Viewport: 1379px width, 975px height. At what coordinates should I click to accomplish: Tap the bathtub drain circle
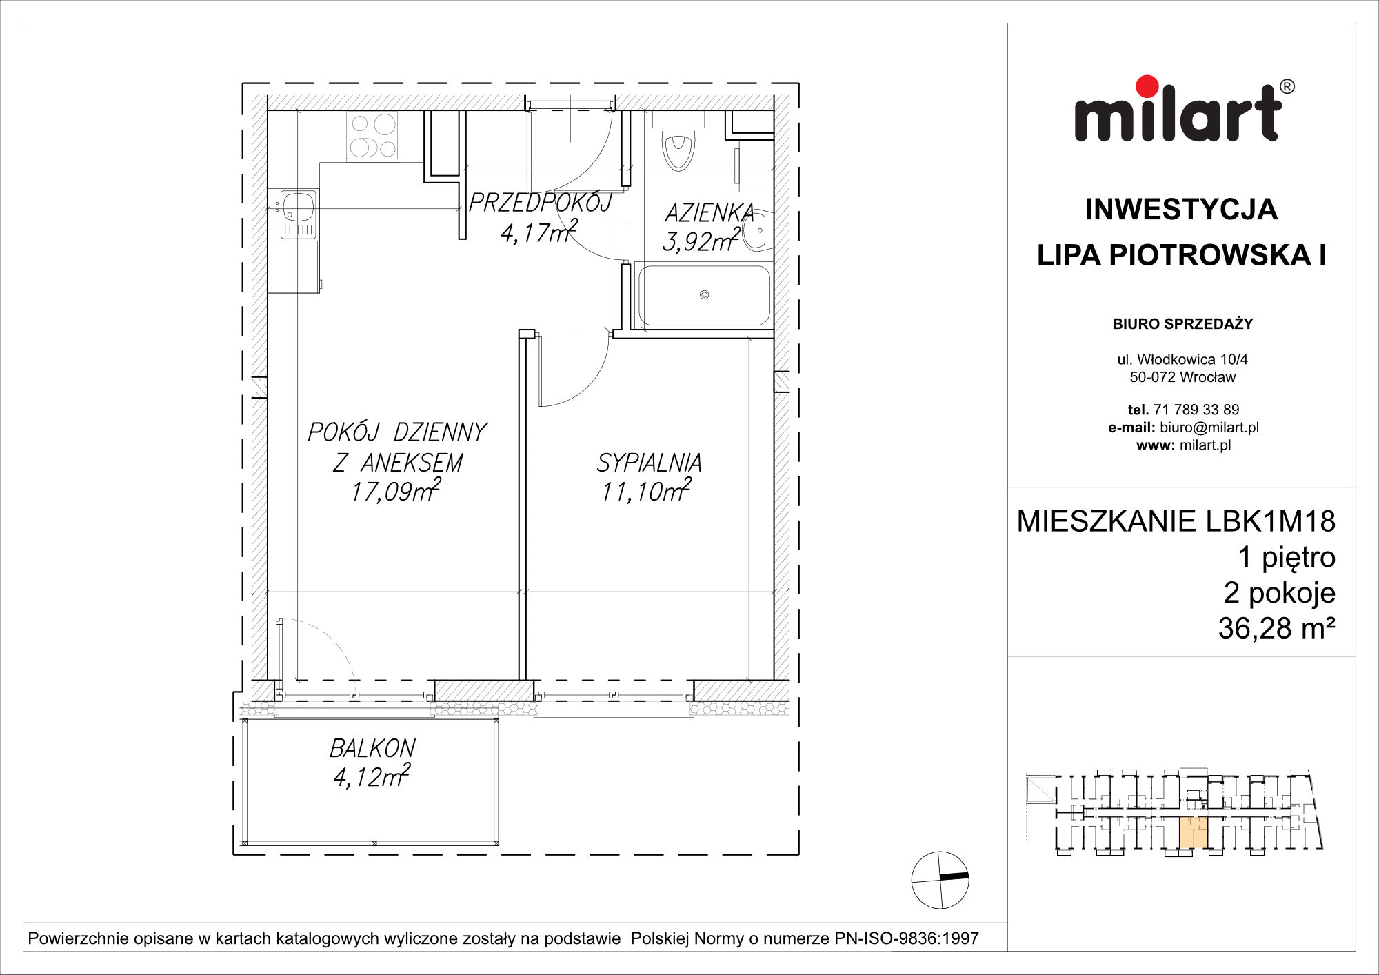pos(704,294)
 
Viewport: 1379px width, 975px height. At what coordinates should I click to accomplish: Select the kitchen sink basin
pos(298,205)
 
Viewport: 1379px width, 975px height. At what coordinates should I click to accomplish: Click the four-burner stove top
pos(372,136)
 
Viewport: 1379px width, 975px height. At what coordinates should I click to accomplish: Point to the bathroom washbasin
pos(759,230)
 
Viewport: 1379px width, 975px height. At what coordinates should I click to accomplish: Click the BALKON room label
pos(372,748)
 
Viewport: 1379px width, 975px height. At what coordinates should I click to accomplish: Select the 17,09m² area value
pos(396,490)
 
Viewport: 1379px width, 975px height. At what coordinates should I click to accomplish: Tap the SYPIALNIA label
pos(649,462)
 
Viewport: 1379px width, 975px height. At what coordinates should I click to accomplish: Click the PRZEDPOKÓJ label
pos(540,202)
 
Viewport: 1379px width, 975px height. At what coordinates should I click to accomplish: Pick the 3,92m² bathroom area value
pos(701,241)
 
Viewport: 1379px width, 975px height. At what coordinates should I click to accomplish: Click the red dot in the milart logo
pos(1147,86)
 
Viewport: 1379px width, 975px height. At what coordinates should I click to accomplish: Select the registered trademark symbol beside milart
pos(1287,87)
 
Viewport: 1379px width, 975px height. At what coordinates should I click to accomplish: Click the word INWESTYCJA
pos(1181,210)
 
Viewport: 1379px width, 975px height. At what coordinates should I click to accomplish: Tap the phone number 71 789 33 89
pos(1196,410)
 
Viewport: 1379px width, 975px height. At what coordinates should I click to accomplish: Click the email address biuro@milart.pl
pos(1209,428)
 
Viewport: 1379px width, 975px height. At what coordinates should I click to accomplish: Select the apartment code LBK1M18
pos(1270,521)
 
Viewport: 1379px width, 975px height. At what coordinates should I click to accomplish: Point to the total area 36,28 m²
pos(1277,628)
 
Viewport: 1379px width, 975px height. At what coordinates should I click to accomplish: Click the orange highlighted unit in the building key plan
pos(1193,832)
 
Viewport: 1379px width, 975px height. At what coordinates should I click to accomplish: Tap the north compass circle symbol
pos(940,880)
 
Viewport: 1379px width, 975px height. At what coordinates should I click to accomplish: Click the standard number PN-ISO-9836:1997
pos(907,938)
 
